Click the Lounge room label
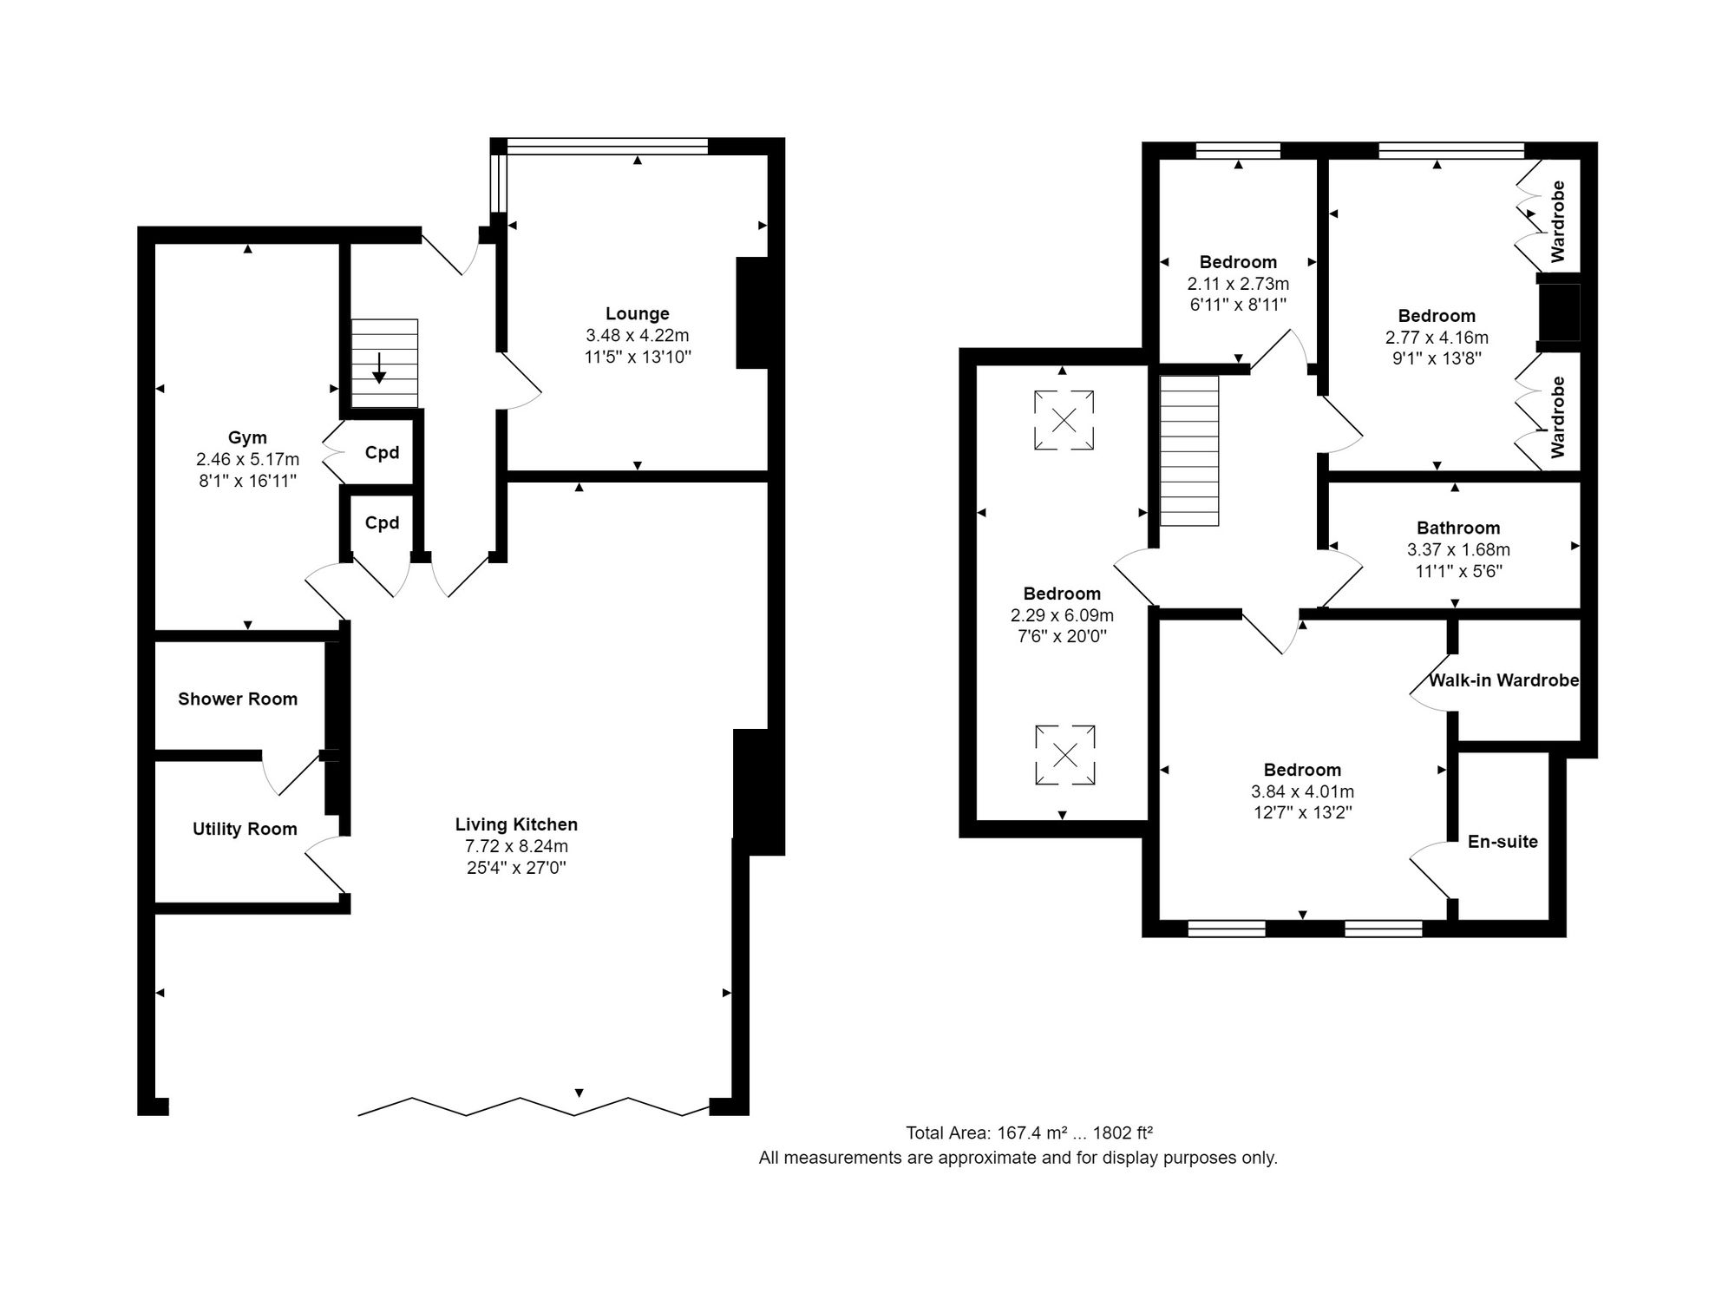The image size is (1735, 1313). click(x=638, y=313)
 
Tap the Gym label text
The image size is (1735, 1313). click(x=247, y=438)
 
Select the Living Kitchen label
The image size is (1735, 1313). click(x=516, y=824)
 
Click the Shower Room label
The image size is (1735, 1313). click(x=238, y=699)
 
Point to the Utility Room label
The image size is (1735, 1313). click(x=245, y=829)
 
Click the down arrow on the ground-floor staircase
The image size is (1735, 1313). click(x=379, y=368)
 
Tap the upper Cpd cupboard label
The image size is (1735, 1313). click(x=382, y=452)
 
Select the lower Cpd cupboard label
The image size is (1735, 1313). click(x=382, y=522)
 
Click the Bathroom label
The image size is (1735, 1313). click(x=1458, y=528)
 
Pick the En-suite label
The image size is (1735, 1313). click(x=1503, y=841)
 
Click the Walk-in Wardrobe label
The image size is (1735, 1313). click(x=1503, y=680)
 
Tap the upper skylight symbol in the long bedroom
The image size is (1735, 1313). click(x=1064, y=420)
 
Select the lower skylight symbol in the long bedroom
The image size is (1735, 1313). click(x=1065, y=755)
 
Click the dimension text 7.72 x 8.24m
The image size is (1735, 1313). click(x=516, y=846)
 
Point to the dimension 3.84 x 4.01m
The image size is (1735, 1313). click(x=1302, y=791)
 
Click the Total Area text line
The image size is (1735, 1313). click(x=1029, y=1132)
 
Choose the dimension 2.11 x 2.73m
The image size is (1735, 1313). click(x=1238, y=284)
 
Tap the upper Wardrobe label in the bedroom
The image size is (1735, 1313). click(x=1558, y=221)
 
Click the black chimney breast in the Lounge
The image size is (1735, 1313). click(x=752, y=312)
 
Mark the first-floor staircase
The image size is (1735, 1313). click(x=1189, y=450)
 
